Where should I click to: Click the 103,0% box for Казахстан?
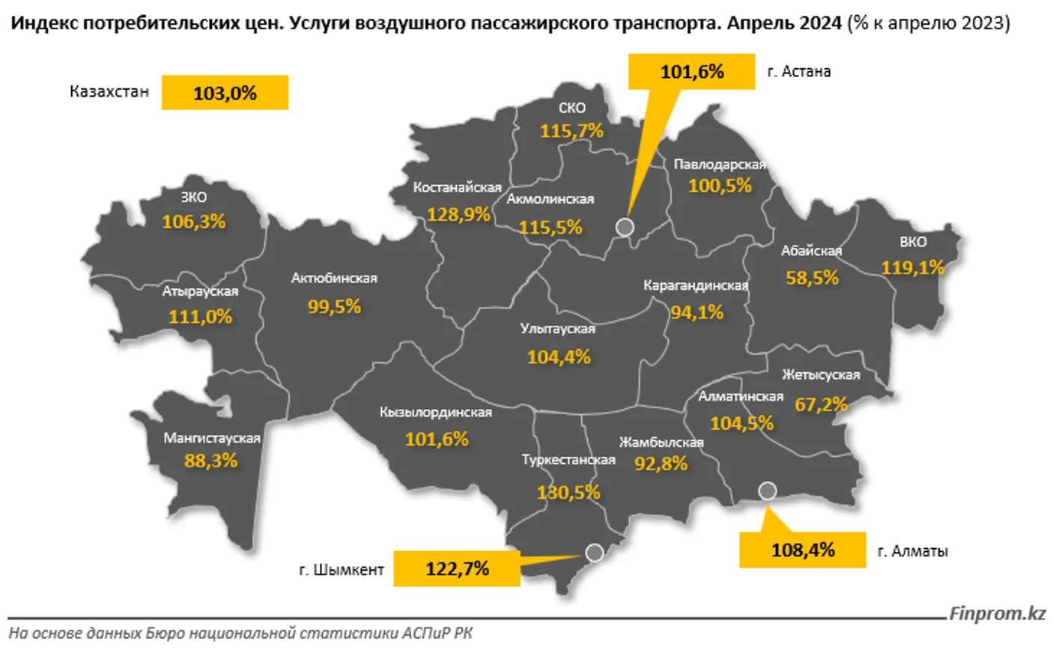(225, 93)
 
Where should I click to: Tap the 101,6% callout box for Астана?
(691, 72)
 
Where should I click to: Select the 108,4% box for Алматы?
(802, 550)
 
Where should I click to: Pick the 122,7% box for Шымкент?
(457, 569)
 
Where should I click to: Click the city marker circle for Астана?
(625, 227)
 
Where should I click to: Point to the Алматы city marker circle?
(767, 491)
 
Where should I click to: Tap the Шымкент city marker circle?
(595, 553)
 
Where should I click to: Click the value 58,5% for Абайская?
(812, 278)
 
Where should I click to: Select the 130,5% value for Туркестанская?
(568, 492)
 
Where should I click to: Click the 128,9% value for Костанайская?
(458, 215)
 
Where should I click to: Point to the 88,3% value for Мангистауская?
(210, 461)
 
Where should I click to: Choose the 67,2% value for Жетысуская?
(821, 404)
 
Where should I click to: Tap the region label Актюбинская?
(334, 279)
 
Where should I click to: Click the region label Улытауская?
(557, 329)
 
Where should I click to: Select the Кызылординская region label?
(435, 413)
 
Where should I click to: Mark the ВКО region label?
(913, 242)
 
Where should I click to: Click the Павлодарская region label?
(719, 165)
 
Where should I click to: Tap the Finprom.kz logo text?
(997, 614)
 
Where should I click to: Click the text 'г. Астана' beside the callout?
(798, 72)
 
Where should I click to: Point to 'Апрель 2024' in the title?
(784, 23)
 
